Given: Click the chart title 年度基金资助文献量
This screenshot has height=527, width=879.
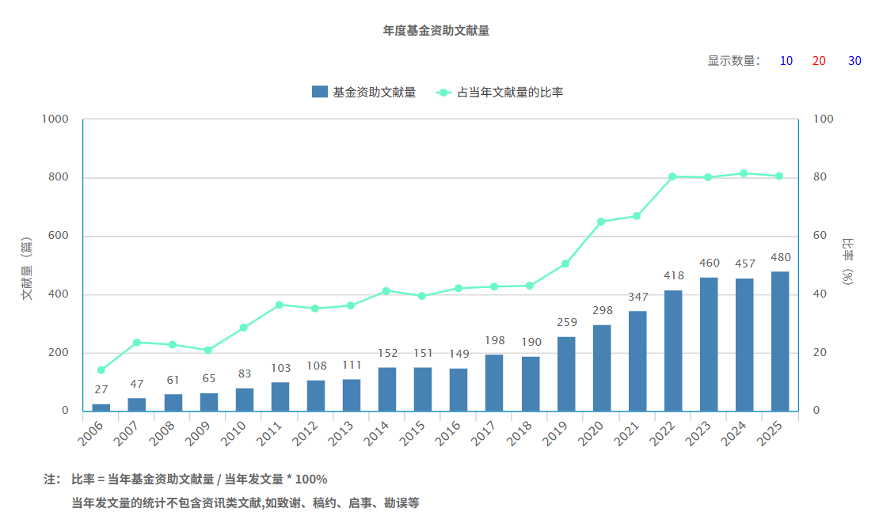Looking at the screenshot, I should [436, 31].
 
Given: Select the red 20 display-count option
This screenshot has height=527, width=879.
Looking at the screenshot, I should [819, 61].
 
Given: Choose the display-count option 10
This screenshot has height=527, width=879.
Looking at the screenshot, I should [786, 61].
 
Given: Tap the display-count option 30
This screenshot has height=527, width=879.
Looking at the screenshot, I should [854, 61].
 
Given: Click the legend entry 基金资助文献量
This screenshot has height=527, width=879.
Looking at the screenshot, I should [364, 92].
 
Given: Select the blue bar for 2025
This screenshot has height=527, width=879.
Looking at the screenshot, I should [780, 342].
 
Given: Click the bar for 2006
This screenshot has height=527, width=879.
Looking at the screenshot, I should [101, 407].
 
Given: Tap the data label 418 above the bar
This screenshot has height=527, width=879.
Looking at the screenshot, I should [674, 275].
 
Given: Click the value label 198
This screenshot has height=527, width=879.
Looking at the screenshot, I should [495, 340].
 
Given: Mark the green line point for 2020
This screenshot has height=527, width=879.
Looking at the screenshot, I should [601, 222].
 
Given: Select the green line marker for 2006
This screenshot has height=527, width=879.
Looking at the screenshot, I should [101, 370].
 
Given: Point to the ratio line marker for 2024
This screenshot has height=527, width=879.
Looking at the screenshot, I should [744, 173].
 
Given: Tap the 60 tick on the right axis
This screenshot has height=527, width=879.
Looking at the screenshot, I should [820, 236].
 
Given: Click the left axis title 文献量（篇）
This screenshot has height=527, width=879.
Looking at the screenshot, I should [26, 268].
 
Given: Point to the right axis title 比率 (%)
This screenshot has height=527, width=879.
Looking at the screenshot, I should [848, 260].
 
